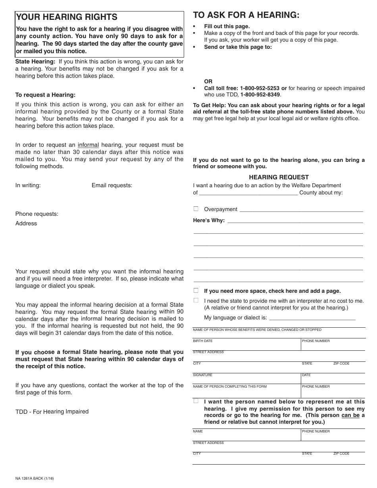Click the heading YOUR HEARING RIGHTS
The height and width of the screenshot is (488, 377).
tap(66, 17)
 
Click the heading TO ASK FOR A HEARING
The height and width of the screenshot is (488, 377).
tap(246, 15)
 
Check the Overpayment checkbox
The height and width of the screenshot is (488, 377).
tap(196, 209)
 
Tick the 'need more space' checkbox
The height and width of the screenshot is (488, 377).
tap(196, 290)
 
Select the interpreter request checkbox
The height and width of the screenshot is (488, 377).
tap(196, 300)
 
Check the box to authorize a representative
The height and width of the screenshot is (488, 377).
tap(196, 401)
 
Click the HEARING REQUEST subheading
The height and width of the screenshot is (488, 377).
tap(279, 177)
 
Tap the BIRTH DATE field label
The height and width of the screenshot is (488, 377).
tap(203, 341)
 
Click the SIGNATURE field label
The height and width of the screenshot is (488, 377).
tap(203, 375)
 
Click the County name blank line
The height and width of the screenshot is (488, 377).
tap(248, 194)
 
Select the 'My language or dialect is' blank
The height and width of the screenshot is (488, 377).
tap(312, 318)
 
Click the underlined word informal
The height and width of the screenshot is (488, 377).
tap(88, 145)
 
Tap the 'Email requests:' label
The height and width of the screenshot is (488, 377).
tap(112, 185)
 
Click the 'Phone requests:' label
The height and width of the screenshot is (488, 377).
tap(37, 214)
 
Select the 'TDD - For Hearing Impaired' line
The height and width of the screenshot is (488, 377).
tap(52, 411)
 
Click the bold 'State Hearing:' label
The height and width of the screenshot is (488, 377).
tap(35, 61)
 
